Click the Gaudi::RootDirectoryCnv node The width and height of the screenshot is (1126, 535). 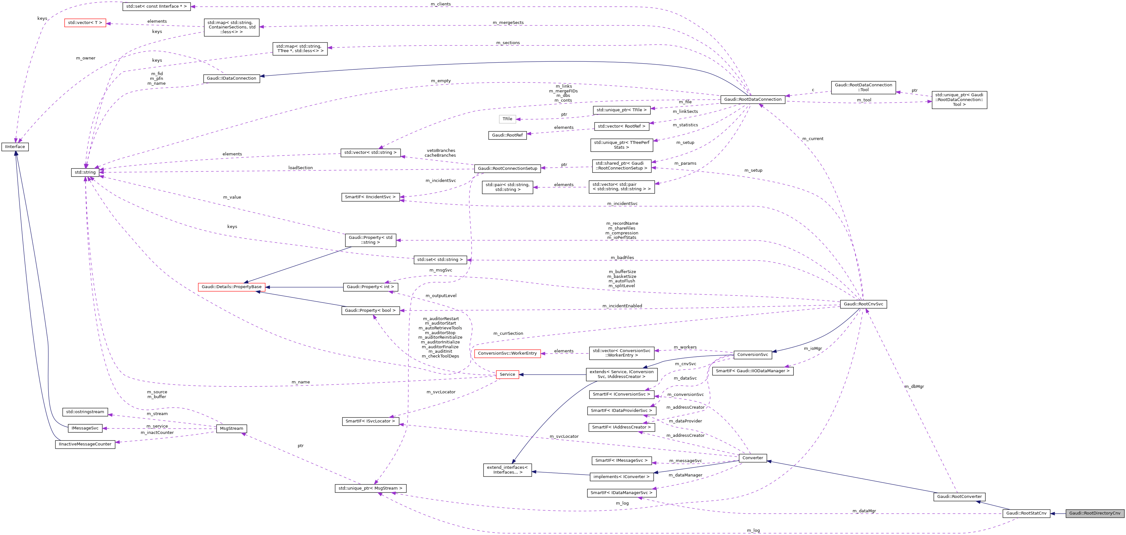pyautogui.click(x=1095, y=513)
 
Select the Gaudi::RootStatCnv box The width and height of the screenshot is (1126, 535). pyautogui.click(x=1026, y=513)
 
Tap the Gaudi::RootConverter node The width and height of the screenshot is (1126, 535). pyautogui.click(x=959, y=497)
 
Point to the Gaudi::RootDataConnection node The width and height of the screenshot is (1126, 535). pyautogui.click(x=752, y=100)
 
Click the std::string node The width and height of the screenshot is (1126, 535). pyautogui.click(x=85, y=172)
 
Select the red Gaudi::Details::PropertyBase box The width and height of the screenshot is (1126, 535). pyautogui.click(x=231, y=287)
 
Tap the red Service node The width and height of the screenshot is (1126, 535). pyautogui.click(x=507, y=374)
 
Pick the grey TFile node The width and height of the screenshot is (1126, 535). pyautogui.click(x=507, y=119)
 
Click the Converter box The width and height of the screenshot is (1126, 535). pyautogui.click(x=752, y=458)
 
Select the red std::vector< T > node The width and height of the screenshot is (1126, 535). pyautogui.click(x=85, y=23)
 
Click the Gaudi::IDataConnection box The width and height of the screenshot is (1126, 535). pyautogui.click(x=231, y=78)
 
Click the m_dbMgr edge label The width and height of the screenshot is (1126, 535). pyautogui.click(x=914, y=386)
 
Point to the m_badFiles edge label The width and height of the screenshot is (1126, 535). pyautogui.click(x=622, y=257)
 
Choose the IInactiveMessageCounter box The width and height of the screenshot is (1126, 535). pyautogui.click(x=85, y=444)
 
